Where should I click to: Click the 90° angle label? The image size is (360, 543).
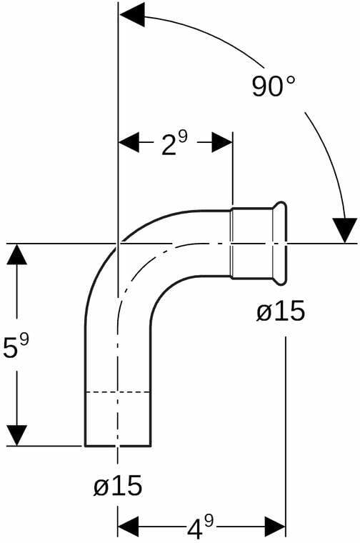click(274, 86)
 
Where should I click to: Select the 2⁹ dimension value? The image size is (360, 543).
click(174, 143)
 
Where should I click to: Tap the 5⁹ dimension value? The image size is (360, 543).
click(16, 346)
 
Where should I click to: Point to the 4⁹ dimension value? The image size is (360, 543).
click(201, 527)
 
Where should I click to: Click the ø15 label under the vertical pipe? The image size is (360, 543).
click(118, 485)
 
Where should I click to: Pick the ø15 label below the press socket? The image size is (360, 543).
click(281, 311)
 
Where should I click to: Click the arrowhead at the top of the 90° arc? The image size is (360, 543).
click(132, 16)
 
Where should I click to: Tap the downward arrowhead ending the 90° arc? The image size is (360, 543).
click(344, 230)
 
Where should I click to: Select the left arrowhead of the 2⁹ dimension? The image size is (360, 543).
click(129, 142)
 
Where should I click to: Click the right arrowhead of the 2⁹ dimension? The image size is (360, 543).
click(222, 142)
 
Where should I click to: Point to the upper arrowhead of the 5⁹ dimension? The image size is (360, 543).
click(16, 254)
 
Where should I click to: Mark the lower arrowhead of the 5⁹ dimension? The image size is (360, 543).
click(16, 435)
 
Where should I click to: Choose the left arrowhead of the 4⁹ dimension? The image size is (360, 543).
click(129, 527)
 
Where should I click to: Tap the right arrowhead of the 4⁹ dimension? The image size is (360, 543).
click(275, 527)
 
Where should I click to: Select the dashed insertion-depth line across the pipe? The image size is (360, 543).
click(118, 392)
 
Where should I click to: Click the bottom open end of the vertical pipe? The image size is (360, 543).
click(118, 445)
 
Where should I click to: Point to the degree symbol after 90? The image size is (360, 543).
click(291, 80)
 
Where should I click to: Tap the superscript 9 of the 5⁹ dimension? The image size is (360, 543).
click(24, 340)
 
